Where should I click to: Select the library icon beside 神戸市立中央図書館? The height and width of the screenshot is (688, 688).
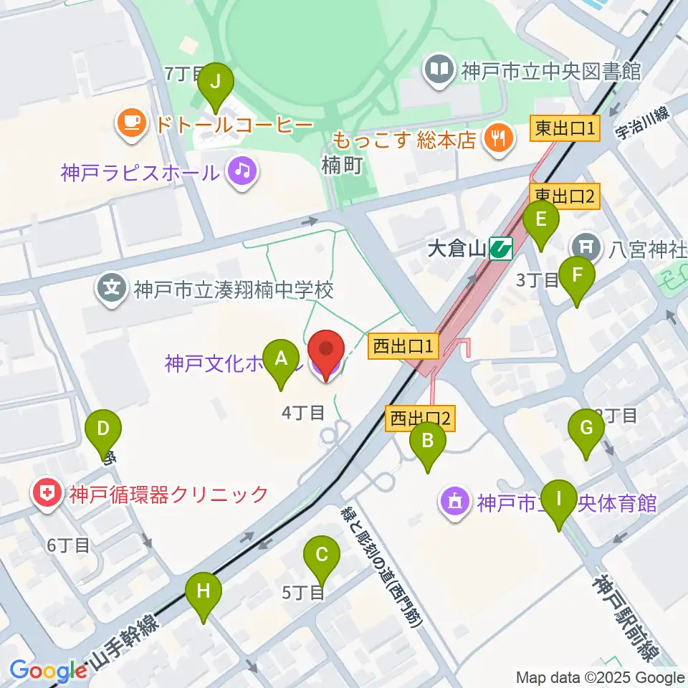click(438, 70)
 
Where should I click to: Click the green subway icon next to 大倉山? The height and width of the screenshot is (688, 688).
click(500, 249)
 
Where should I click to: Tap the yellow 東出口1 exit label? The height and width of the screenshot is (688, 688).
click(564, 130)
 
